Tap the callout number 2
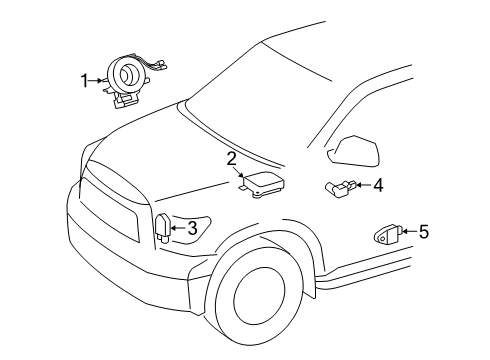[x=231, y=158]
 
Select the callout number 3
[x=193, y=228]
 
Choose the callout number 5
[x=424, y=232]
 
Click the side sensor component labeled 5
[x=385, y=236]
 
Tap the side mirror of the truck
[x=354, y=149]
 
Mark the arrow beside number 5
[x=408, y=232]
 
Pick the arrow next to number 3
[x=179, y=228]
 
